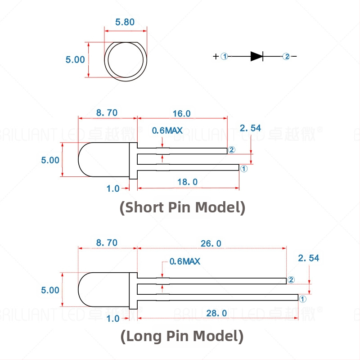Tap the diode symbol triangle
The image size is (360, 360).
(256, 56)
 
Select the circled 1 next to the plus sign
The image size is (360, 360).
(225, 56)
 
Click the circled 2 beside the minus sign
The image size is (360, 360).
(286, 56)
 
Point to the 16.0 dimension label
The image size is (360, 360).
(182, 113)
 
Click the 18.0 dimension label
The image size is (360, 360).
(188, 182)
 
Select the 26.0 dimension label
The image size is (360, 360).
(211, 243)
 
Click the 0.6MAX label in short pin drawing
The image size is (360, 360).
(167, 130)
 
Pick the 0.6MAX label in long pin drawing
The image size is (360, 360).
(184, 261)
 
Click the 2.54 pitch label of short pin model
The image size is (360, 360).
(250, 128)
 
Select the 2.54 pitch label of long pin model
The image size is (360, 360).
(309, 258)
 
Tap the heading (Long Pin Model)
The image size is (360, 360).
(182, 336)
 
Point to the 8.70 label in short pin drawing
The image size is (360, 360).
(107, 113)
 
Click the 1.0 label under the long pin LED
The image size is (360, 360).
(113, 318)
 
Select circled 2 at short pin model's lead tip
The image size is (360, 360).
(232, 150)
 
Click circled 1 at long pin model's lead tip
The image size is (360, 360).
(302, 298)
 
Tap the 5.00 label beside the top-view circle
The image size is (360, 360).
(75, 59)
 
